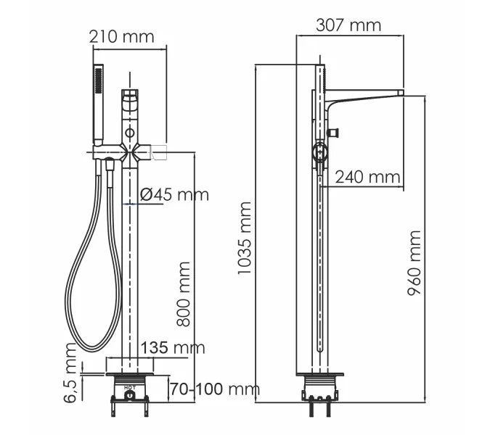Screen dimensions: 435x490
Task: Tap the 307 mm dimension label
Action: click(x=348, y=25)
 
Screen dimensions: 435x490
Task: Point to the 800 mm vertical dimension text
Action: click(x=184, y=294)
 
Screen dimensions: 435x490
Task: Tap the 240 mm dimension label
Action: click(x=367, y=176)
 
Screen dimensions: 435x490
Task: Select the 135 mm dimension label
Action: click(x=173, y=348)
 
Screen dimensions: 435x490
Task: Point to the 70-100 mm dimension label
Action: click(x=213, y=389)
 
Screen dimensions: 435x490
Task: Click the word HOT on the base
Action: click(x=129, y=389)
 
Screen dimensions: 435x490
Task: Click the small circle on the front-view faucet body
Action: click(x=130, y=133)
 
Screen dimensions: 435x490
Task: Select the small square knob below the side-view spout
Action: click(x=335, y=132)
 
